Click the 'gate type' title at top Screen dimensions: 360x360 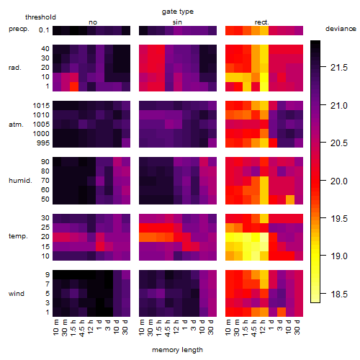pyautogui.click(x=178, y=12)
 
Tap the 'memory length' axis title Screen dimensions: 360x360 pyautogui.click(x=177, y=350)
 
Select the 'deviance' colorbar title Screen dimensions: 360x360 pyautogui.click(x=341, y=29)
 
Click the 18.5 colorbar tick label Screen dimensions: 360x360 pyautogui.click(x=339, y=294)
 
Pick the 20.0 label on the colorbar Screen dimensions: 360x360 pyautogui.click(x=339, y=181)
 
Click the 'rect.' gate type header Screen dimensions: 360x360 pyautogui.click(x=262, y=22)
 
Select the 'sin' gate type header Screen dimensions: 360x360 pyautogui.click(x=177, y=22)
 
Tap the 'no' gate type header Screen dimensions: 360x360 pyautogui.click(x=93, y=22)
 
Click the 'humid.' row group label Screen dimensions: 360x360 pyautogui.click(x=20, y=181)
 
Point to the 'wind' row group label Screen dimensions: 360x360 pyautogui.click(x=17, y=294)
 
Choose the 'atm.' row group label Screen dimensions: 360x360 pyautogui.click(x=16, y=125)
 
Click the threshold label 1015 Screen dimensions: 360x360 pyautogui.click(x=41, y=105)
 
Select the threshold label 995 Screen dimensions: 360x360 pyautogui.click(x=43, y=143)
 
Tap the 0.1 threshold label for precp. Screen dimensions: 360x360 pyautogui.click(x=44, y=30)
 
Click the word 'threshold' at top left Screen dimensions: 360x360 pyautogui.click(x=40, y=17)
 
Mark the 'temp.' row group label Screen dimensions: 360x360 pyautogui.click(x=18, y=236)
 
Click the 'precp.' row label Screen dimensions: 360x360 pyautogui.click(x=19, y=29)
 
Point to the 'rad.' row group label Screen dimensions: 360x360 pyautogui.click(x=15, y=68)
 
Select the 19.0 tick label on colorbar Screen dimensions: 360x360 pyautogui.click(x=339, y=256)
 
